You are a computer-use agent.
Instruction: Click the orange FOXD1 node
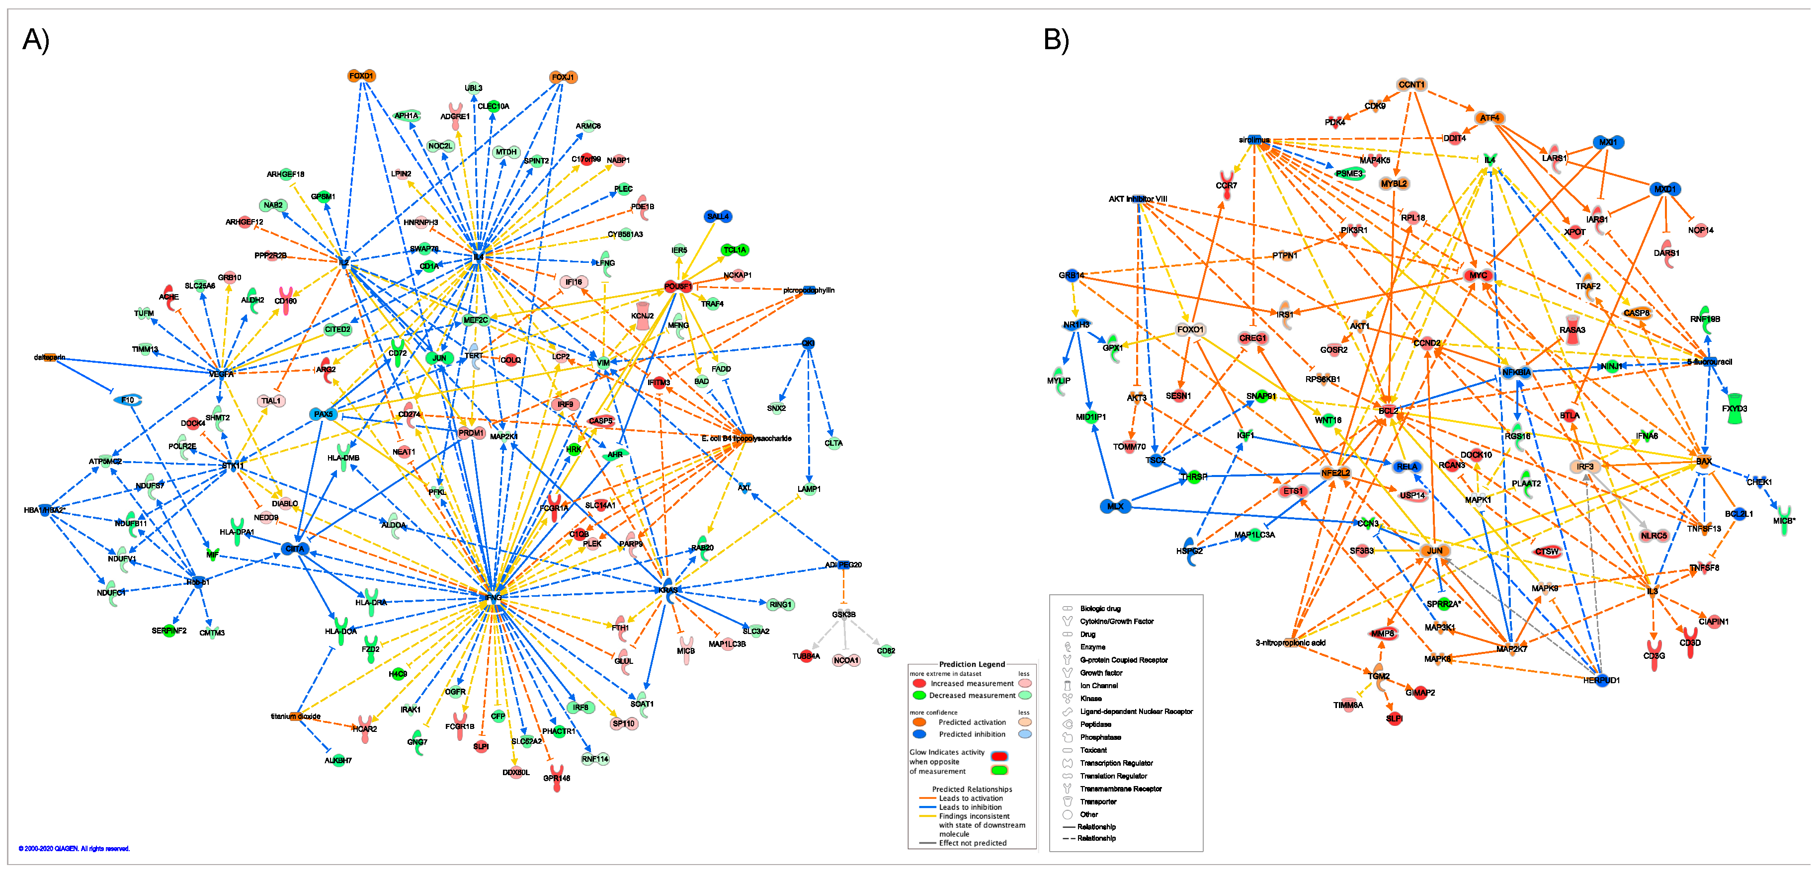pyautogui.click(x=361, y=76)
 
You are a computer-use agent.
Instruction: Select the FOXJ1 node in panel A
pyautogui.click(x=563, y=77)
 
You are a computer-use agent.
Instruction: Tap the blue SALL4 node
pyautogui.click(x=718, y=216)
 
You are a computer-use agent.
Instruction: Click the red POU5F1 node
pyautogui.click(x=677, y=286)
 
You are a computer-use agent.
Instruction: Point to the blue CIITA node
pyautogui.click(x=295, y=549)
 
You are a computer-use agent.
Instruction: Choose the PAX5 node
pyautogui.click(x=323, y=414)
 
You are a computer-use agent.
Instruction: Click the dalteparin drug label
pyautogui.click(x=50, y=358)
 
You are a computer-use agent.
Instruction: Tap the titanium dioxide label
pyautogui.click(x=295, y=716)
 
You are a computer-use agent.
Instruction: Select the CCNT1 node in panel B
pyautogui.click(x=1411, y=85)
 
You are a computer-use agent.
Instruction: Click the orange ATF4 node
pyautogui.click(x=1489, y=118)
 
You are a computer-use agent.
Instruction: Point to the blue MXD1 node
pyautogui.click(x=1664, y=189)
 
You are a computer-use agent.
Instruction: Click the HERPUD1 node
pyautogui.click(x=1601, y=680)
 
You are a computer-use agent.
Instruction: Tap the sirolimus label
pyautogui.click(x=1254, y=140)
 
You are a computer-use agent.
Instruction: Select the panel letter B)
pyautogui.click(x=1056, y=40)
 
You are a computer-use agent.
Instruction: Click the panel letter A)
pyautogui.click(x=35, y=40)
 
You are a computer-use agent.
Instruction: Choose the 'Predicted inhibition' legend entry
pyautogui.click(x=972, y=734)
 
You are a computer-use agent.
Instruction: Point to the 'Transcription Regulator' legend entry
pyautogui.click(x=1116, y=763)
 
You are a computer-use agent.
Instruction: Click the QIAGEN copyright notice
pyautogui.click(x=74, y=849)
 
